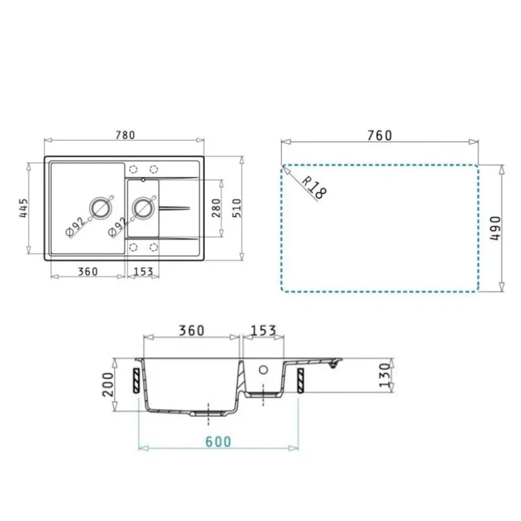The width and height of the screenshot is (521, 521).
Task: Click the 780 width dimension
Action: [124, 135]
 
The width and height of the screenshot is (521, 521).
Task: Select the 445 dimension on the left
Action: [23, 208]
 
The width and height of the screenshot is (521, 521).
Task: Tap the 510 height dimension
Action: [236, 208]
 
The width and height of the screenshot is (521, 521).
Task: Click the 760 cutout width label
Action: [379, 135]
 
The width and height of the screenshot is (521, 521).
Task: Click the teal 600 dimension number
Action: [218, 442]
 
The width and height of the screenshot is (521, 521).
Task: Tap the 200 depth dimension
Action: [108, 385]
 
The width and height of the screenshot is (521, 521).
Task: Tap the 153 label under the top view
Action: [143, 271]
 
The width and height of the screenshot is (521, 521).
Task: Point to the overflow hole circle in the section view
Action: [263, 370]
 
